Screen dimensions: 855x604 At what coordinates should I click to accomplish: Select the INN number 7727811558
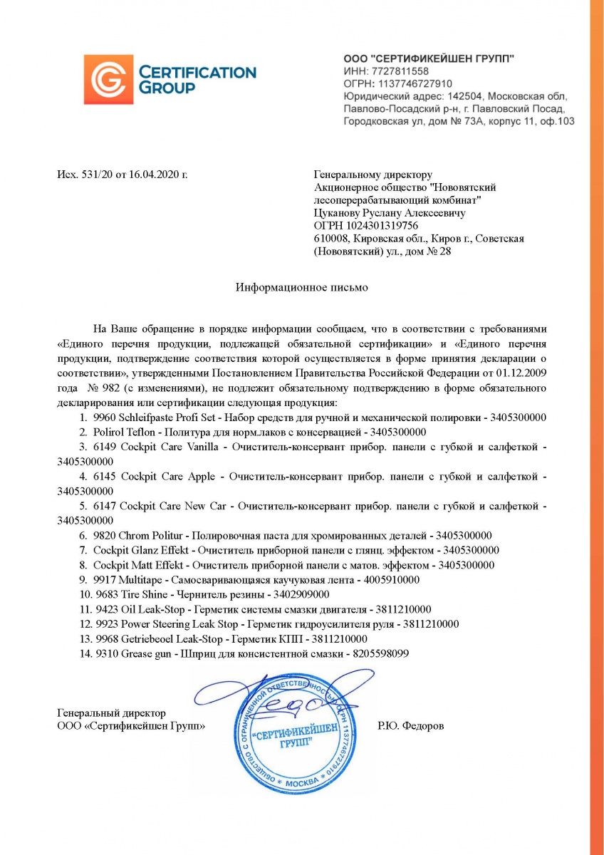(x=397, y=71)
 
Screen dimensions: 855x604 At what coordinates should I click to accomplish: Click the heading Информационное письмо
(x=302, y=287)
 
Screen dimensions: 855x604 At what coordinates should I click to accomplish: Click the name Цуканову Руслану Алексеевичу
(x=390, y=213)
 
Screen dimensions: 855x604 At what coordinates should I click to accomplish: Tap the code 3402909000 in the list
(x=296, y=594)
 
